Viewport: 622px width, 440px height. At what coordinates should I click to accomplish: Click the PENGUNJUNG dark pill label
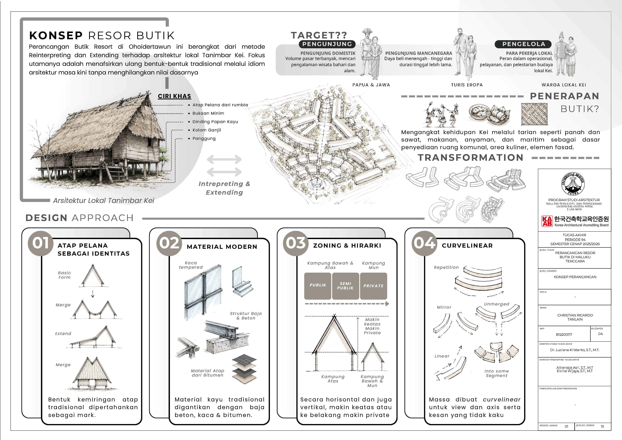click(327, 44)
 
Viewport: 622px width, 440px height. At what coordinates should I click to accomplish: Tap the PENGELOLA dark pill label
click(523, 44)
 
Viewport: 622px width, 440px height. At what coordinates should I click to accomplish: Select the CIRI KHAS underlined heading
click(174, 96)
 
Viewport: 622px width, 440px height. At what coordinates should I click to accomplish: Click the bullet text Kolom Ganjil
click(207, 130)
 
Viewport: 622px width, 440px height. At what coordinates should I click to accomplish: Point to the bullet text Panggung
click(204, 139)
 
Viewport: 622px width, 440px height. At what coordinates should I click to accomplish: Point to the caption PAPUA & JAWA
click(371, 85)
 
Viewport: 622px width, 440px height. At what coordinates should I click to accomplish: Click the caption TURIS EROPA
click(467, 85)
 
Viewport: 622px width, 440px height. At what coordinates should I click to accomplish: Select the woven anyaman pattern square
click(534, 114)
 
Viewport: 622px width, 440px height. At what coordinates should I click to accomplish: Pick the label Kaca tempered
click(191, 265)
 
